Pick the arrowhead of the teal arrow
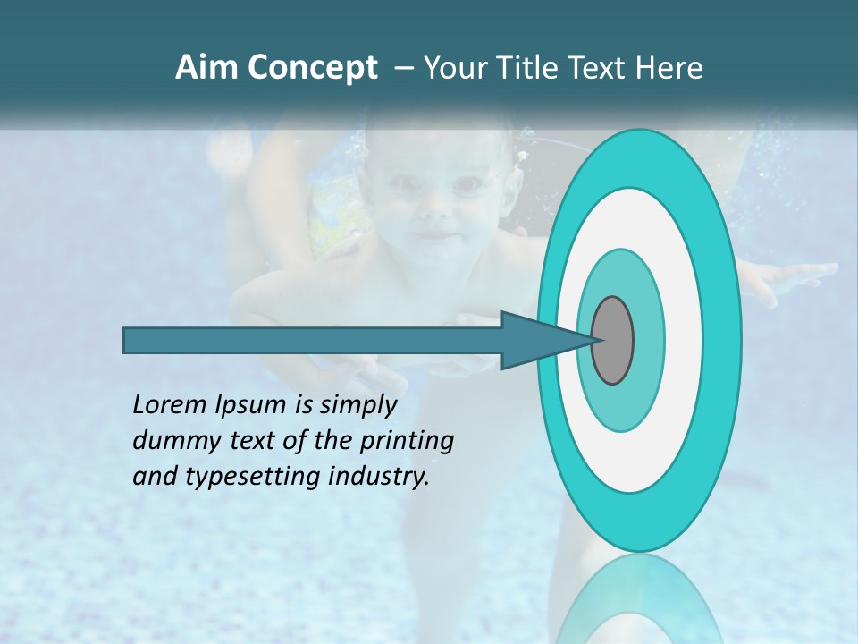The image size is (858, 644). click(536, 341)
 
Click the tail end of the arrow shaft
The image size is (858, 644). click(130, 341)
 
